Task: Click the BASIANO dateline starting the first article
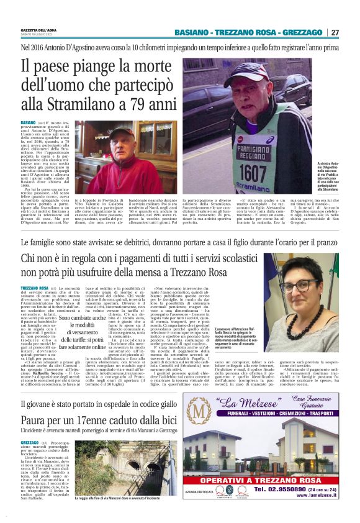(x=28, y=124)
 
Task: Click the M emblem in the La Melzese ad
(x=199, y=412)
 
